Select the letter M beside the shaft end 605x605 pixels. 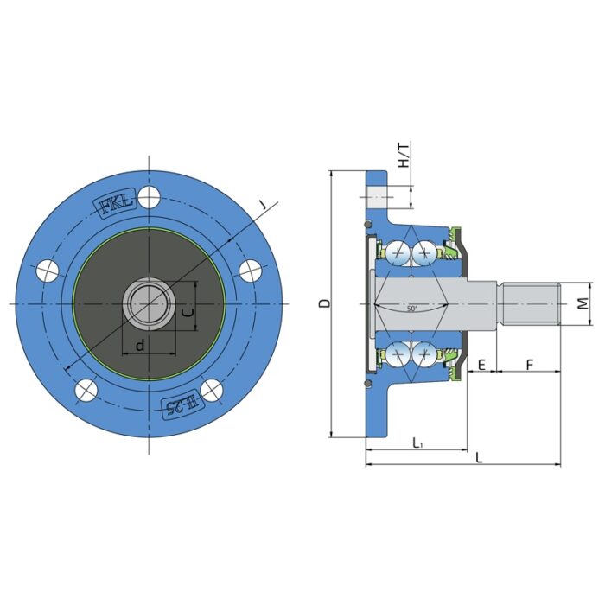point(583,303)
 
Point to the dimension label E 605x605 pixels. point(481,364)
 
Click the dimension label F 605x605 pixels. point(528,364)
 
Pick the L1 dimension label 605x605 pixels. point(417,443)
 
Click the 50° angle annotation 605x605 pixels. point(412,309)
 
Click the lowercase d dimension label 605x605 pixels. point(139,346)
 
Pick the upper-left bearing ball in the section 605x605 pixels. point(398,252)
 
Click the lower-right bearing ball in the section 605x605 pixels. point(424,353)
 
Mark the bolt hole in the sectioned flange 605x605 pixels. point(377,199)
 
